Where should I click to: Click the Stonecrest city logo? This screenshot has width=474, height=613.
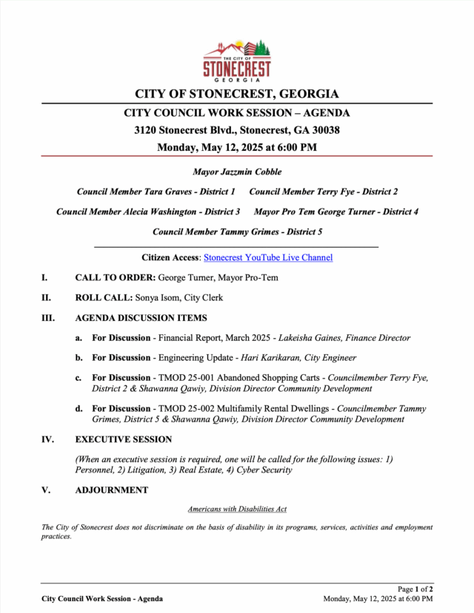tap(237, 58)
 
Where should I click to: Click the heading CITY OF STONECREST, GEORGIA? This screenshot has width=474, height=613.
tap(237, 94)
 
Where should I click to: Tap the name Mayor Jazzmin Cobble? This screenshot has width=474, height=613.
tap(237, 172)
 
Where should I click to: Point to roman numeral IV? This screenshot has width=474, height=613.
tap(47, 439)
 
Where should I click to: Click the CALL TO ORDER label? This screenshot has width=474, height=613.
tap(115, 278)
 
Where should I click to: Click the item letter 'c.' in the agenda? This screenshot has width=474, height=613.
tap(79, 378)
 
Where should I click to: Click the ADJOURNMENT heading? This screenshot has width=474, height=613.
tap(111, 490)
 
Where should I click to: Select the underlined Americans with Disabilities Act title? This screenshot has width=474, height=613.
tap(237, 509)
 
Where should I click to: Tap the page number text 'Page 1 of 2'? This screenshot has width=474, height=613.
tap(415, 589)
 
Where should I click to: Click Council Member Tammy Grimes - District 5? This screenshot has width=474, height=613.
tap(237, 231)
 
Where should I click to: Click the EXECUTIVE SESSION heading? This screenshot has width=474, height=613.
tap(124, 439)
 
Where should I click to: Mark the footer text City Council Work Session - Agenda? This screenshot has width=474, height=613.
tap(102, 598)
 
